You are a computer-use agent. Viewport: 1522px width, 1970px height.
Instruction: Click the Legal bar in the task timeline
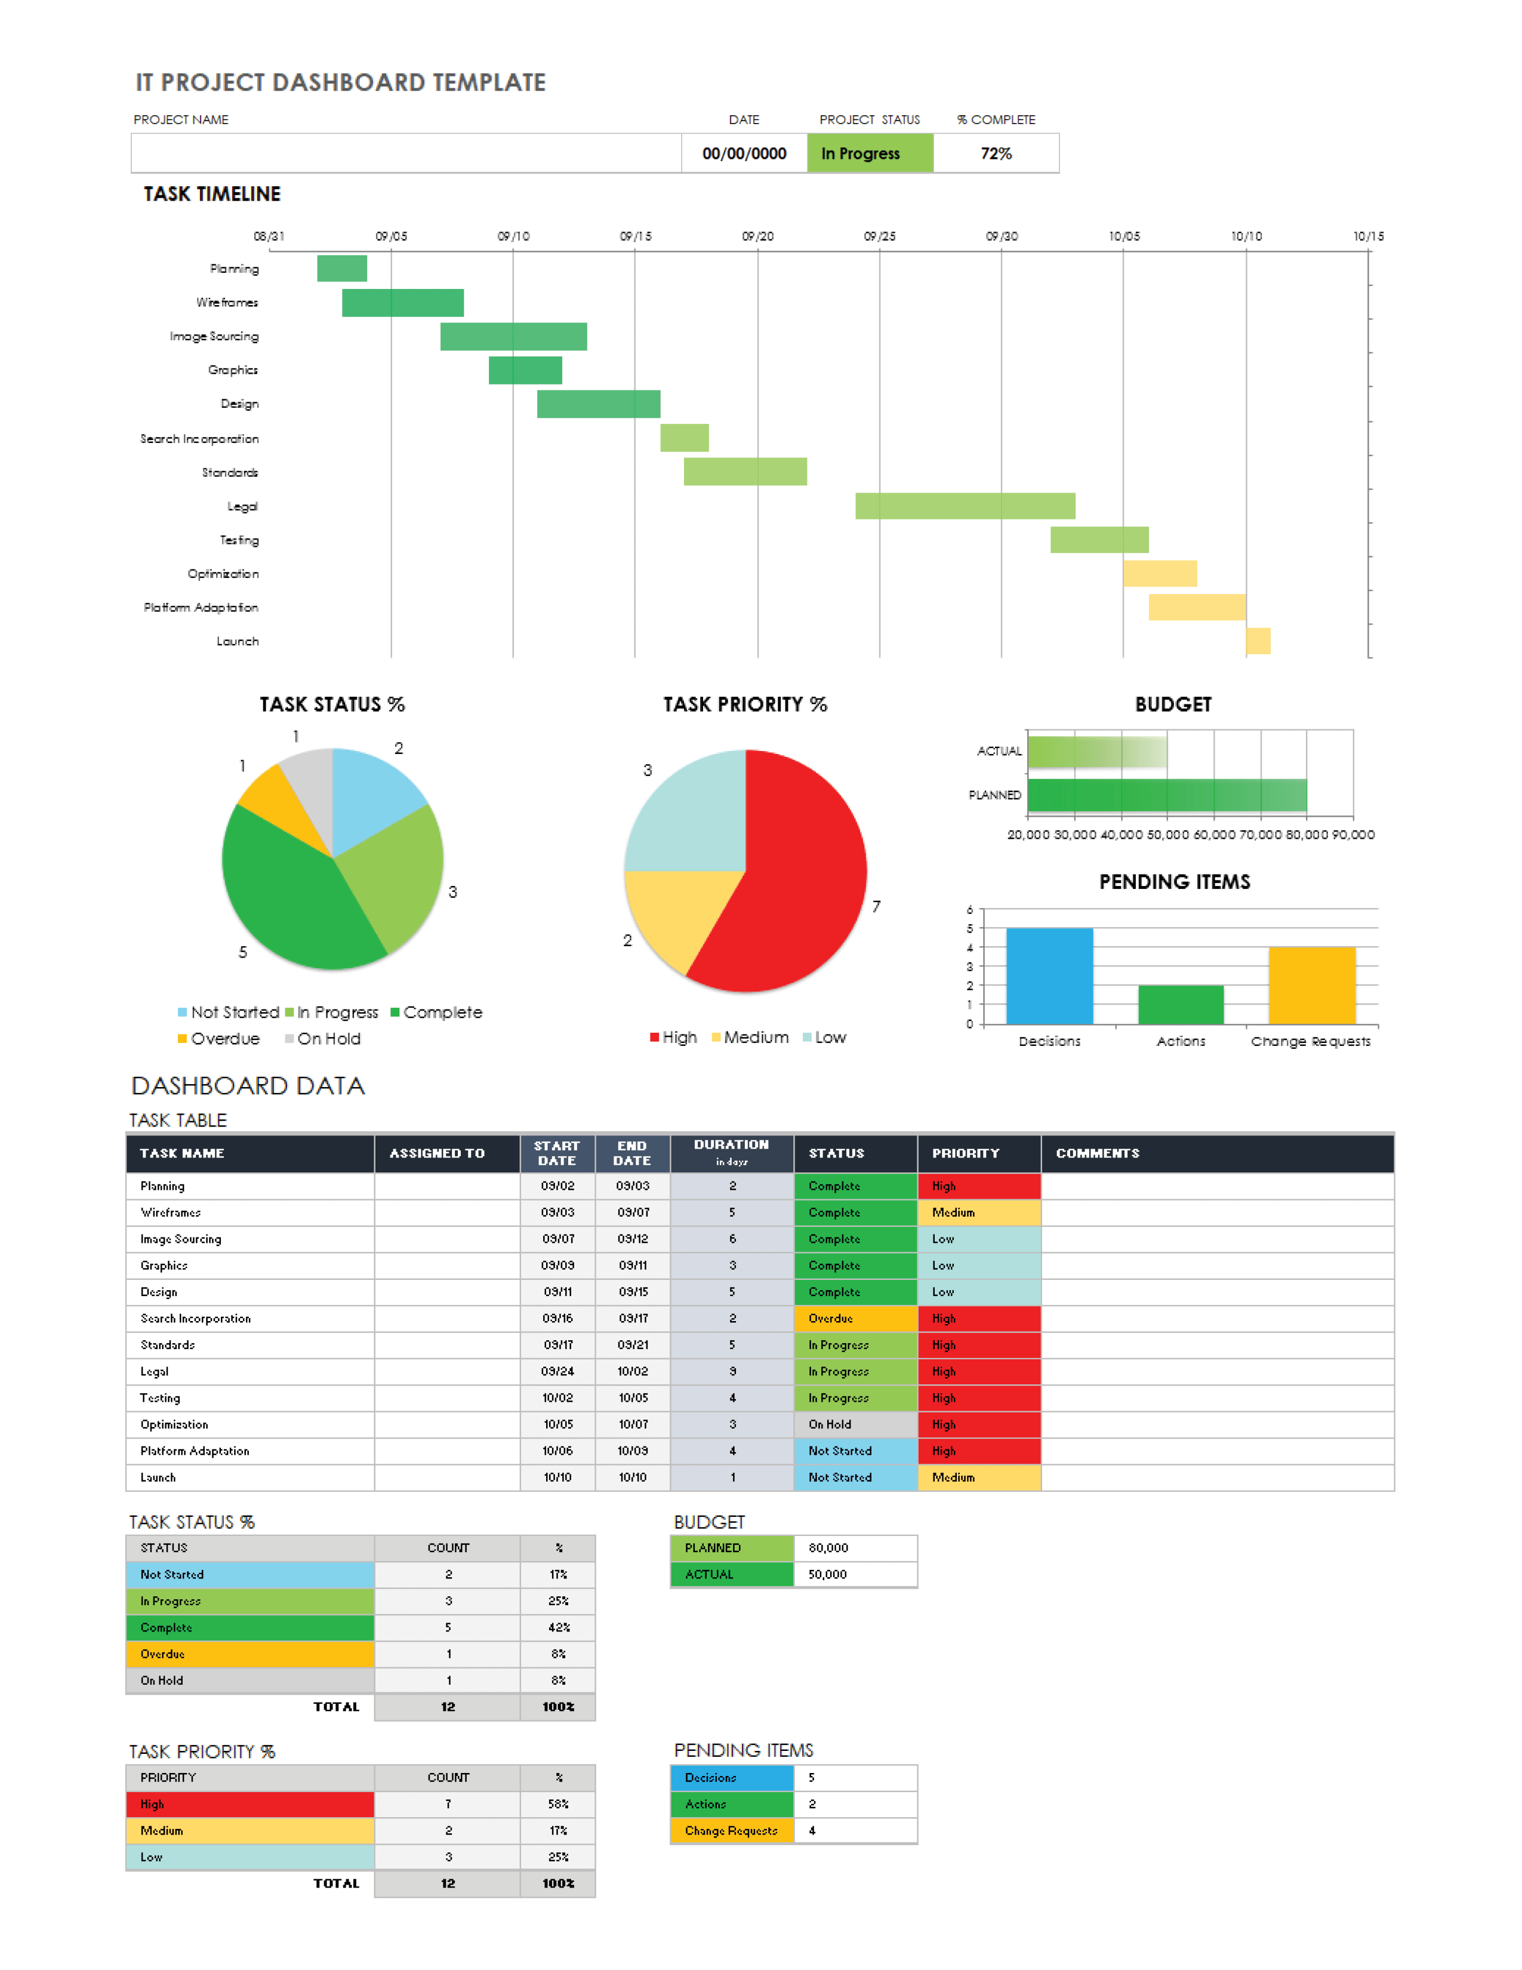pos(965,506)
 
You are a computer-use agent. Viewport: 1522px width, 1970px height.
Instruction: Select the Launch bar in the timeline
pos(1258,641)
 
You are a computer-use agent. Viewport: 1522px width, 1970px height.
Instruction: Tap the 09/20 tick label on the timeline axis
pos(757,236)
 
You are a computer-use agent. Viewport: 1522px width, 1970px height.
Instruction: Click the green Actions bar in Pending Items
pos(1180,1004)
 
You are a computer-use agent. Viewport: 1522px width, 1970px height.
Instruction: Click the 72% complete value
pos(996,154)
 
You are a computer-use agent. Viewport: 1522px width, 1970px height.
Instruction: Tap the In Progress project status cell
pos(869,154)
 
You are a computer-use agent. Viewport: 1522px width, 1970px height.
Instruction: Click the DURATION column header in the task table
pos(731,1153)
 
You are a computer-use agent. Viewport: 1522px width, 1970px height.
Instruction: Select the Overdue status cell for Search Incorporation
pos(855,1319)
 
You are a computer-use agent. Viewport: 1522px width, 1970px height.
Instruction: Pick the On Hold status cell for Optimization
pos(855,1424)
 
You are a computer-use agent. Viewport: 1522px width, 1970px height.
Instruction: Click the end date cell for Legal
pos(632,1372)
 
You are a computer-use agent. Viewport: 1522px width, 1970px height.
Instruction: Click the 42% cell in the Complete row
pos(558,1627)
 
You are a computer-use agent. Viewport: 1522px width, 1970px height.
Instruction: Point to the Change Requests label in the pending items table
pos(731,1830)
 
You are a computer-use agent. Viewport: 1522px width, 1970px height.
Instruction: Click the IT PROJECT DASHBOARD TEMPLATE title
pos(340,83)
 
